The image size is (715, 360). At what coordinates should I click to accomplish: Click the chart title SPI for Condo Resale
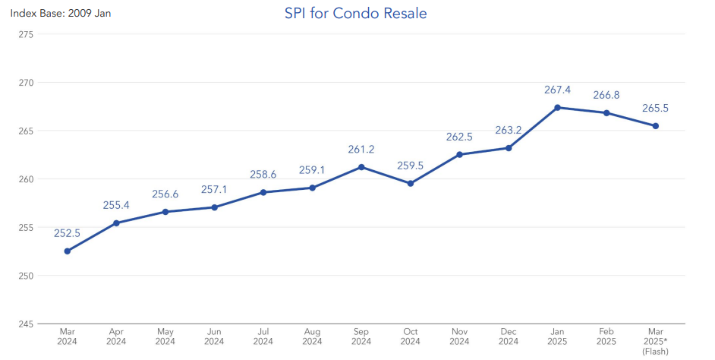(x=356, y=13)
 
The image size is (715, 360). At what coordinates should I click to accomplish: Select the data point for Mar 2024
(x=67, y=251)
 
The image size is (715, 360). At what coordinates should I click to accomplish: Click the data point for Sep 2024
(x=361, y=167)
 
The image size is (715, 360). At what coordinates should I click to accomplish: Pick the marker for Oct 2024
(x=411, y=183)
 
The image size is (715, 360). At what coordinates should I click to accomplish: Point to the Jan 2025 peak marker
(x=558, y=107)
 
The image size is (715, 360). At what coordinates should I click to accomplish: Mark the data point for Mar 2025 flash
(x=656, y=126)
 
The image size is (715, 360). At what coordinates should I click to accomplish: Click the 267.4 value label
(x=557, y=90)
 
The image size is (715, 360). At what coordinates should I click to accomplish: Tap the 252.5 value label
(x=67, y=233)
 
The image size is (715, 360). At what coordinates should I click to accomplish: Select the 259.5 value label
(x=411, y=166)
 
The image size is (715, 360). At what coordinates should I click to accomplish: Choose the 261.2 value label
(x=361, y=150)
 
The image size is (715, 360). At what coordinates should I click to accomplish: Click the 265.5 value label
(x=655, y=109)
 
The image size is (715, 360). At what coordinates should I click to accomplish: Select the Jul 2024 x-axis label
(x=263, y=336)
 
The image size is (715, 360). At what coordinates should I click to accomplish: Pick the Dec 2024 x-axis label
(x=509, y=336)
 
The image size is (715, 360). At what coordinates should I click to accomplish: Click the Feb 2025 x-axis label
(x=606, y=336)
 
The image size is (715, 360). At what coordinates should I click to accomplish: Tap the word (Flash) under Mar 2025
(x=655, y=352)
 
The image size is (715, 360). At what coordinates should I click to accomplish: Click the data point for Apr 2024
(x=116, y=223)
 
